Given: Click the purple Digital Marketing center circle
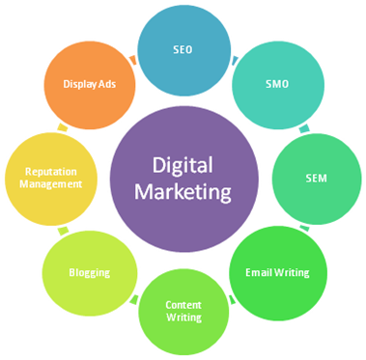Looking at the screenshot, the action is click(x=183, y=180).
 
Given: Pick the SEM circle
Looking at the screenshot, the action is click(x=314, y=180).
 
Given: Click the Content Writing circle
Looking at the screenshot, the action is click(x=183, y=311).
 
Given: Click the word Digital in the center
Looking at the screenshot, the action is click(x=183, y=165).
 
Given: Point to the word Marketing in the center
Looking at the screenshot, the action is click(x=183, y=192).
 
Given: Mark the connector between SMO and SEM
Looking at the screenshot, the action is click(x=304, y=127).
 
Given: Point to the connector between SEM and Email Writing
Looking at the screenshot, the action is click(x=305, y=229).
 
